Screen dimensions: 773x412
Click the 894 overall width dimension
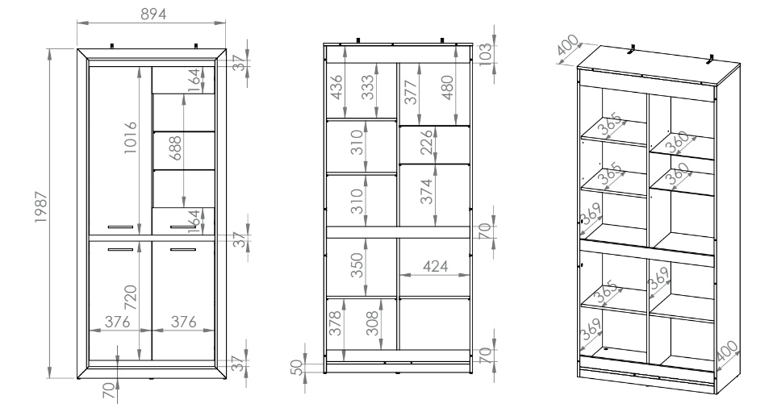click(x=154, y=15)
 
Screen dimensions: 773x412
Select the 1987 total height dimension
click(x=41, y=207)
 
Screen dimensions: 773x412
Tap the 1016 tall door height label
click(x=130, y=138)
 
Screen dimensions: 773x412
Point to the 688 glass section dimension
click(x=174, y=148)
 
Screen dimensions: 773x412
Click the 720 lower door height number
click(x=130, y=298)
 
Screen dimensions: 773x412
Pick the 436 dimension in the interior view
click(x=336, y=87)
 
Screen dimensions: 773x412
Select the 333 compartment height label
click(x=367, y=87)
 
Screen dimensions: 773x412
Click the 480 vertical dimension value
click(x=447, y=87)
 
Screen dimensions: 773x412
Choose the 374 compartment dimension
click(x=426, y=191)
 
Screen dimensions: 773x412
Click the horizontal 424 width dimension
click(x=435, y=267)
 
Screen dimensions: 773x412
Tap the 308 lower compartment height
click(x=374, y=323)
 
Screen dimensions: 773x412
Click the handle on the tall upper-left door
click(x=120, y=227)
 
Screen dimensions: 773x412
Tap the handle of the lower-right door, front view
click(x=183, y=250)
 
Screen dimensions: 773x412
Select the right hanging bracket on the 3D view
click(x=710, y=59)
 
